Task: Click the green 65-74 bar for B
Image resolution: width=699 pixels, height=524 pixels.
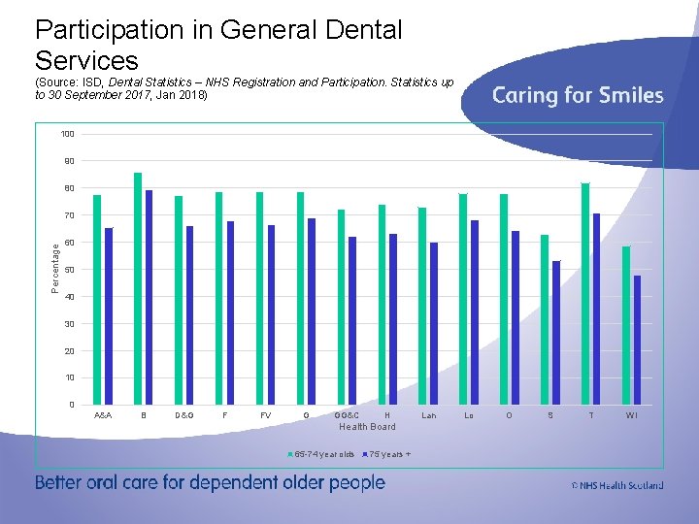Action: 138,288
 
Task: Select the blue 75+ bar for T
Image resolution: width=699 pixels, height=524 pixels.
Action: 596,309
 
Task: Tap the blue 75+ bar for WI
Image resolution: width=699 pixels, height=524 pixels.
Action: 637,340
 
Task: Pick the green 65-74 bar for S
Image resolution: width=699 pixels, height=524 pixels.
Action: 545,319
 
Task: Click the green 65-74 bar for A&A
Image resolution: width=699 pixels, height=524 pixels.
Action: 97,300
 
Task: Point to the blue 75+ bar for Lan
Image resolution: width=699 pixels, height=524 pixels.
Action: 434,323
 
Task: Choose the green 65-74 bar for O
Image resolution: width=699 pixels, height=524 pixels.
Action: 504,299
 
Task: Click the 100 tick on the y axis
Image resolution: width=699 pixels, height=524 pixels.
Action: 70,133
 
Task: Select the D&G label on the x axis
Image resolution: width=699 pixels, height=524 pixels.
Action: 184,415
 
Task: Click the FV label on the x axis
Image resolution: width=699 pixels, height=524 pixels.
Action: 266,415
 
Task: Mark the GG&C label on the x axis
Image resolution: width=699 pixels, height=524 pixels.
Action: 347,415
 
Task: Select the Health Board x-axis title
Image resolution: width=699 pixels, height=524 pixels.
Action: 367,427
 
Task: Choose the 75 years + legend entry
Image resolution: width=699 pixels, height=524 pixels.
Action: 387,453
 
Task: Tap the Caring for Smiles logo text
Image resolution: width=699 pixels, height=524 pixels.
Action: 578,95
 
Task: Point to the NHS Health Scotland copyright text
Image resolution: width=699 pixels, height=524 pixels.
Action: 617,485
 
